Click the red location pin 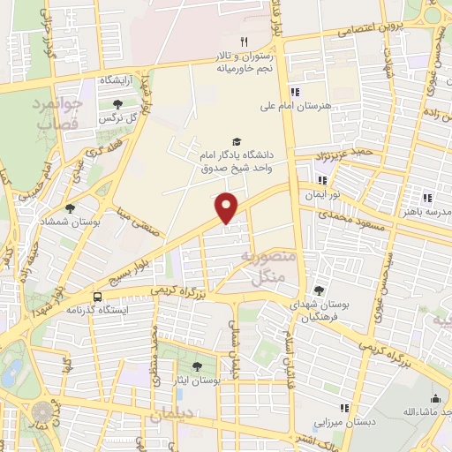click(x=227, y=207)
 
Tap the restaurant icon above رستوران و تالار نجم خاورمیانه click(x=245, y=41)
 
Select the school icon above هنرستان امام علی click(x=295, y=91)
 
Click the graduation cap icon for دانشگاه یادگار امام click(x=236, y=140)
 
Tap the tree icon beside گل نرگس click(x=117, y=104)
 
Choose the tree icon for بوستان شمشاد click(x=71, y=208)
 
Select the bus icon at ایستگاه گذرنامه click(x=97, y=297)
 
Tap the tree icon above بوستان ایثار click(x=197, y=366)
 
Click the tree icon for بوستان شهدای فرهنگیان click(x=318, y=290)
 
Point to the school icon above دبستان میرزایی click(x=344, y=408)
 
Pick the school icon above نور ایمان click(x=322, y=180)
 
